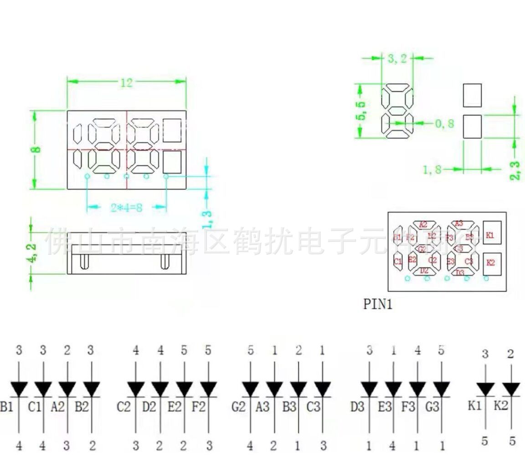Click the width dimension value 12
[x=126, y=82]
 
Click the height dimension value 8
[x=37, y=149]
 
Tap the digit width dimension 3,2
[x=396, y=58]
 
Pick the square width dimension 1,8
[x=432, y=170]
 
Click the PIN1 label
[x=377, y=304]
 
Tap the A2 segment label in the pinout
[x=423, y=224]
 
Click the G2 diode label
[x=238, y=406]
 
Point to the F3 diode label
[x=408, y=406]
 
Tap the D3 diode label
[x=358, y=406]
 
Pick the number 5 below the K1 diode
[x=485, y=441]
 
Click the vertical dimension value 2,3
[x=515, y=169]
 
